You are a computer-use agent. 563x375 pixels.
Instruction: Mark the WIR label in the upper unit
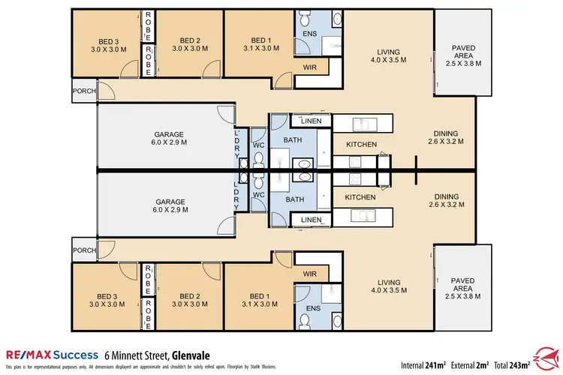click(309, 67)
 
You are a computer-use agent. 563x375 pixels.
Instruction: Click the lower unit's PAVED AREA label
click(463, 286)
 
